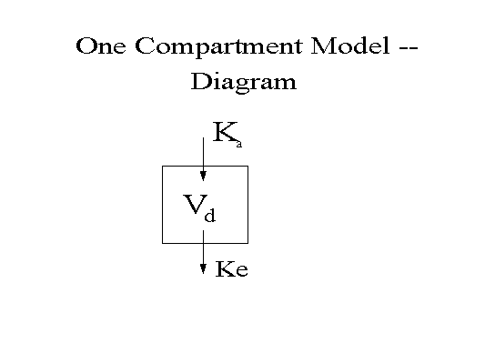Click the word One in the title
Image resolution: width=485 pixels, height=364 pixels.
[101, 45]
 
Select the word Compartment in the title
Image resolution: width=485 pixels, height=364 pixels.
[218, 47]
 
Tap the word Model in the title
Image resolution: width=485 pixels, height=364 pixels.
[349, 45]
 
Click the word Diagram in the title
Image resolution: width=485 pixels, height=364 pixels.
[244, 82]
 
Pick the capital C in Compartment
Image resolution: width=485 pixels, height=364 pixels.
[145, 45]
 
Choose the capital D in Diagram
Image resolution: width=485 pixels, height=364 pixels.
[200, 81]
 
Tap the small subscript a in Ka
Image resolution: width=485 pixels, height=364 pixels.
[238, 144]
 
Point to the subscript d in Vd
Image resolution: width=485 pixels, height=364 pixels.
[209, 215]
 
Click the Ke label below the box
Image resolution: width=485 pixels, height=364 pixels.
[232, 269]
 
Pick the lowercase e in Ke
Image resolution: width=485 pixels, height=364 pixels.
[242, 271]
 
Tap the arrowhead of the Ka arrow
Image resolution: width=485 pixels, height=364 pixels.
[203, 177]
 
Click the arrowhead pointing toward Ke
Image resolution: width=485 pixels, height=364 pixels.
[203, 269]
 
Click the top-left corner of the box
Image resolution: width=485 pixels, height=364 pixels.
[162, 167]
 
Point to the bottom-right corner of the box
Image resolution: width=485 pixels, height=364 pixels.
[248, 243]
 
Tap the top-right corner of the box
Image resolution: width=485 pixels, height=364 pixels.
[248, 167]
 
